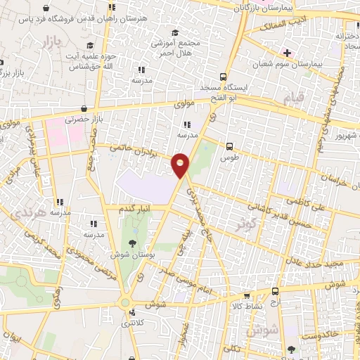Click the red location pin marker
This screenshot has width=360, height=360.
[x=181, y=165]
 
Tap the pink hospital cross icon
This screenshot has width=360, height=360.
[x=286, y=53]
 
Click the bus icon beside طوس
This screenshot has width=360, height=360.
[x=230, y=146]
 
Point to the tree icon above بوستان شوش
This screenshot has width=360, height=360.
[x=133, y=243]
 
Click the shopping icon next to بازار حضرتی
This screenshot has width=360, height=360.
[x=85, y=109]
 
